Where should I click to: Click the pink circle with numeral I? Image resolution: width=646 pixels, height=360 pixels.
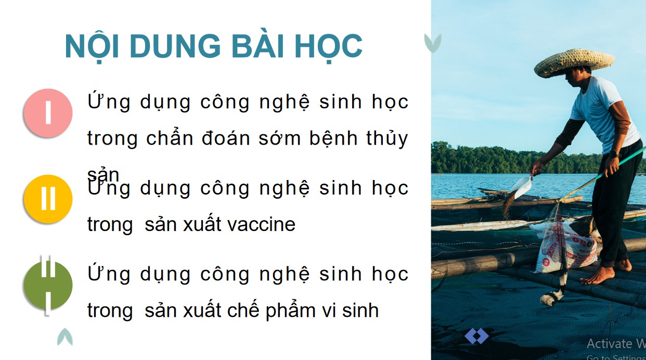coord(48,113)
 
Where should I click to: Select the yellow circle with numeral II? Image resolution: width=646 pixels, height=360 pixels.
coord(48,199)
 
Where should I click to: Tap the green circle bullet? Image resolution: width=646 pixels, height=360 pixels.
coord(48,285)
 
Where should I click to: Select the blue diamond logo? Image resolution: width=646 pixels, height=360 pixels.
coord(476,336)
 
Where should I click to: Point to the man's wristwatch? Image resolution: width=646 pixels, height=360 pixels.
coord(613,154)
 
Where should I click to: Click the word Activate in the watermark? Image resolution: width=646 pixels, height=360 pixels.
coord(609,343)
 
